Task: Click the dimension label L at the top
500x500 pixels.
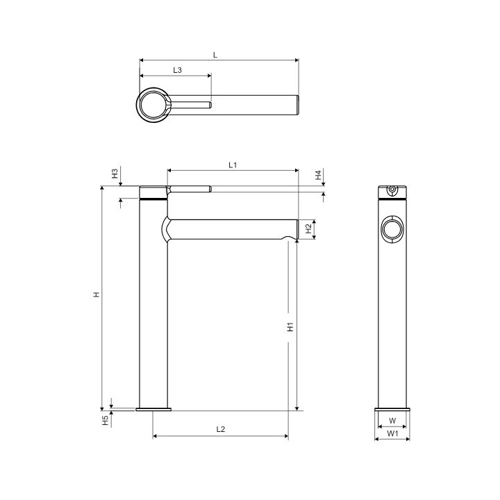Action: click(215, 55)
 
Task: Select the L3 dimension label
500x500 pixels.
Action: click(177, 70)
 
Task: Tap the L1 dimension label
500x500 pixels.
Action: click(233, 165)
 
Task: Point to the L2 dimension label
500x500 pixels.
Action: click(221, 429)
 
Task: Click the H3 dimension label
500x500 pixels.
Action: click(115, 174)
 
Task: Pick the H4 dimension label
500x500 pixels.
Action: click(318, 175)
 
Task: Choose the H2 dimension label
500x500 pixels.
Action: click(308, 228)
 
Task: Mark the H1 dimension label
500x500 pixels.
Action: click(290, 327)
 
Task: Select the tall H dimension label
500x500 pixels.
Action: click(97, 294)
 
